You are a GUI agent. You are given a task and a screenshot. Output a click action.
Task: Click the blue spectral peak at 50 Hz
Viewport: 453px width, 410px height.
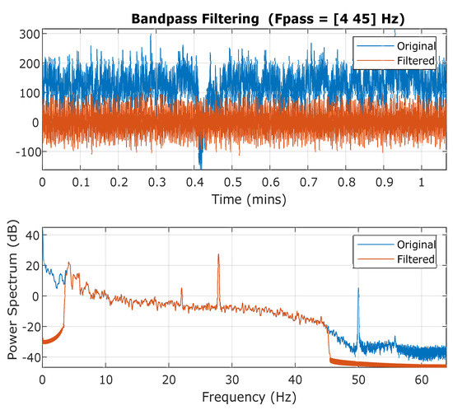point(358,290)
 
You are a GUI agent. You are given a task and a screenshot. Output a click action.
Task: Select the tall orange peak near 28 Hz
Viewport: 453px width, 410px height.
point(218,255)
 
